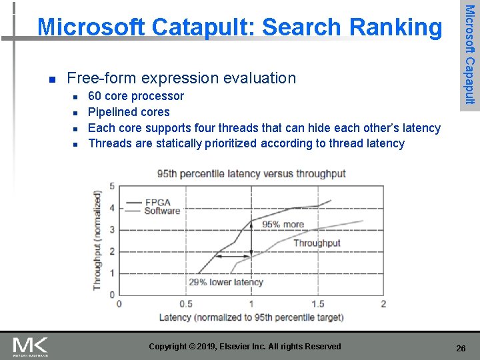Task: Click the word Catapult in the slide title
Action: pos(201,27)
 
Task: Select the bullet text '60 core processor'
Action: pos(136,96)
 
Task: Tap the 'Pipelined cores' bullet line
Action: pos(129,112)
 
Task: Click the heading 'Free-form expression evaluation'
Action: pos(181,78)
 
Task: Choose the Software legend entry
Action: pos(161,211)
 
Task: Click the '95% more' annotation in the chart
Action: pos(283,224)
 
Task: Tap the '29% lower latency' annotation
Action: pos(226,282)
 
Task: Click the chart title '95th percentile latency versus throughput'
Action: pos(251,174)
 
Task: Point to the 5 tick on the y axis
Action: pos(111,186)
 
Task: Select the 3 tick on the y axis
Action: pos(111,229)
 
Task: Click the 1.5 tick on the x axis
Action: pos(317,304)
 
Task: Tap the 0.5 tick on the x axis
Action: pos(185,304)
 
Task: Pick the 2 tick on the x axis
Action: pos(383,304)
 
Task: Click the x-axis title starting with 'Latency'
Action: pos(251,317)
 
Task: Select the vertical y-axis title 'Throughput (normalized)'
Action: pos(98,240)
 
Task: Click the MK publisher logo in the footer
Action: pos(30,346)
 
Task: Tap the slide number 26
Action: pos(460,348)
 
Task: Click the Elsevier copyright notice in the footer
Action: pos(245,346)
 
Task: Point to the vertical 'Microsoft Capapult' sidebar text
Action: pos(469,53)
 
